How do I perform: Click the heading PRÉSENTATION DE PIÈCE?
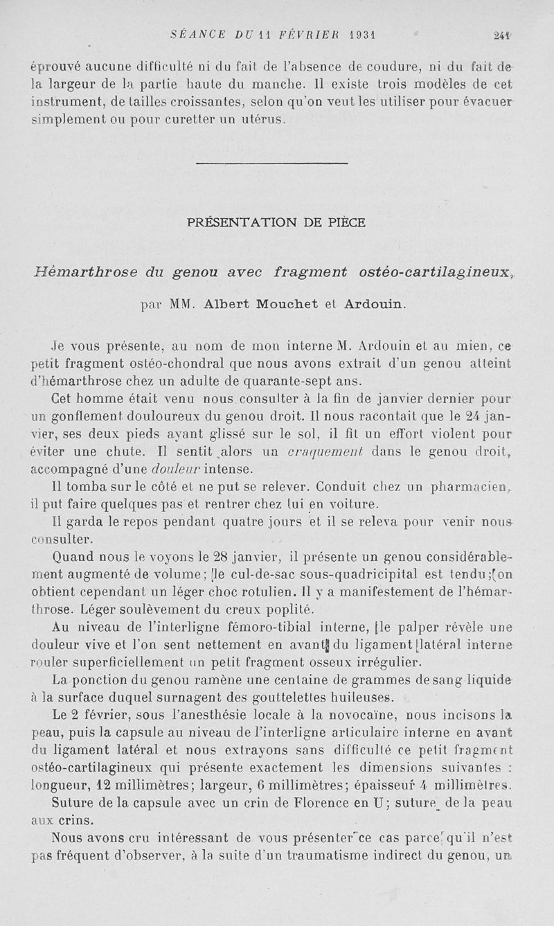[276, 222]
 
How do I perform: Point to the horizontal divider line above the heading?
[271, 163]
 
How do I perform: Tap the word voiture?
[353, 503]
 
